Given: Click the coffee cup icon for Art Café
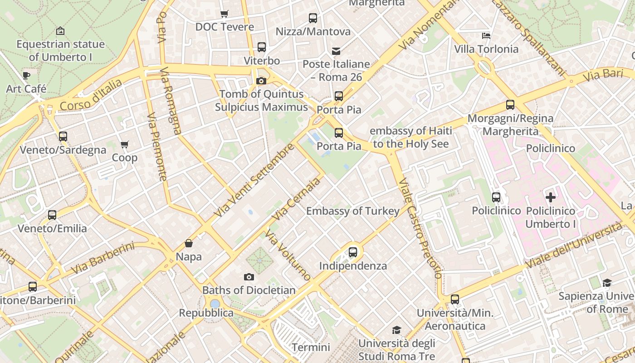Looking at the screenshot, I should click(26, 75).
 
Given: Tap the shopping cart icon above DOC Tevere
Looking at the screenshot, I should click(224, 14).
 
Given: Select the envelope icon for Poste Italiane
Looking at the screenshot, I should click(336, 51).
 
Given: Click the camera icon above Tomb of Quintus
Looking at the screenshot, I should click(261, 81).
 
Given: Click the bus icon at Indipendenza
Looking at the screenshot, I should click(353, 252).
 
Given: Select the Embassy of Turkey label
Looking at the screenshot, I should click(353, 211).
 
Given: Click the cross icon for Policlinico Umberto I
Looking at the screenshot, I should click(551, 197).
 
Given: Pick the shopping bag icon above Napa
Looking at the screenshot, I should click(189, 244).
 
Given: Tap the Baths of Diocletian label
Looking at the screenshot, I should click(249, 290).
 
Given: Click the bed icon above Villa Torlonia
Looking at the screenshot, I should click(486, 35).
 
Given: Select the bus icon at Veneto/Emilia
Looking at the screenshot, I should click(52, 215).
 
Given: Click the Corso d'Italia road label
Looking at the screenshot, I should click(91, 95).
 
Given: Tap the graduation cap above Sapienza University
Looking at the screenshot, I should click(607, 283).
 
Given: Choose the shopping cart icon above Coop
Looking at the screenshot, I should click(124, 145).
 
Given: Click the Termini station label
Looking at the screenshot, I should click(311, 348).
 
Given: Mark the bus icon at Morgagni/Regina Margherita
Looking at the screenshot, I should click(510, 105).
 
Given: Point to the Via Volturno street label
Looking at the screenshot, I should click(288, 255).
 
